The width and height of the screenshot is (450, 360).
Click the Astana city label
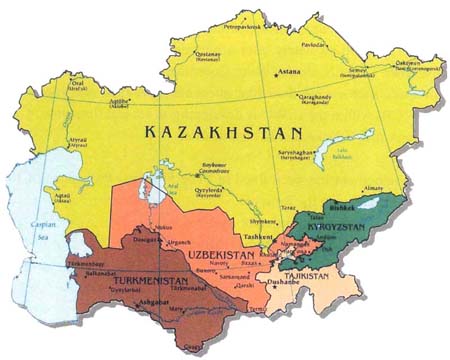pyautogui.click(x=289, y=73)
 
